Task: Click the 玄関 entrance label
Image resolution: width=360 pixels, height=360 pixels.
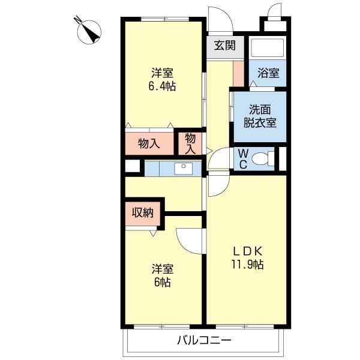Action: coord(225,45)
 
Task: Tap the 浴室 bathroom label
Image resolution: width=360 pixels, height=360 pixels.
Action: coord(268,73)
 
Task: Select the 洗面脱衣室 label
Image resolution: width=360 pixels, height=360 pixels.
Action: coord(260,116)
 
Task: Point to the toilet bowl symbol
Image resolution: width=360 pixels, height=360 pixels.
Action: coord(263,158)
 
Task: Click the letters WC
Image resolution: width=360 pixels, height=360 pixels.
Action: coord(243,159)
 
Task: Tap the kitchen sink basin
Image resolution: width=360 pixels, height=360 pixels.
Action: coord(183,169)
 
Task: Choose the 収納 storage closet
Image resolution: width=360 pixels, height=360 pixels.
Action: coord(143,213)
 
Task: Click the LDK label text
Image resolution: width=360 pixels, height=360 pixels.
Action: coord(247,251)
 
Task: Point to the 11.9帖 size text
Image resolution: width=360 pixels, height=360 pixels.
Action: coord(247,264)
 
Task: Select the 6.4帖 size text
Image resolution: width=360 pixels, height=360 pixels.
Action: coord(162,86)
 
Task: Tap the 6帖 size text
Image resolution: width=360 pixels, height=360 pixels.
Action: coord(163,282)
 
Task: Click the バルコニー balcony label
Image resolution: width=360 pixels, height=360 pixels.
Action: coord(204,340)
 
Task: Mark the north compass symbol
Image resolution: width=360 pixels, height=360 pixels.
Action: coord(89,32)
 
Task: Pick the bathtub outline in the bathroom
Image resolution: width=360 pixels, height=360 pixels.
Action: coord(268,48)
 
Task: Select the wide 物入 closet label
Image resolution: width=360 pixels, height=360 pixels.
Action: coord(149,144)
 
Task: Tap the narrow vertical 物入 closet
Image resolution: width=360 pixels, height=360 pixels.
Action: coord(190,144)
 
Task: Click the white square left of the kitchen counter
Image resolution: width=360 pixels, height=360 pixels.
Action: coord(133,166)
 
